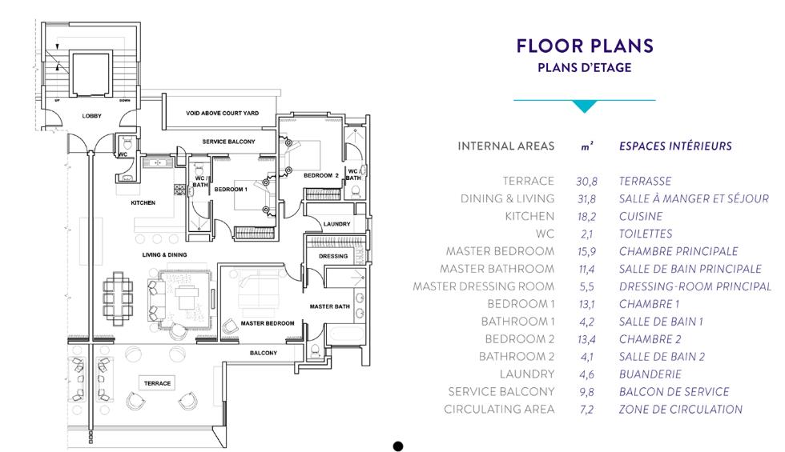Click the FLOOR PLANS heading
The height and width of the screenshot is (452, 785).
pyautogui.click(x=585, y=46)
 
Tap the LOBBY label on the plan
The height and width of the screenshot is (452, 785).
pyautogui.click(x=91, y=115)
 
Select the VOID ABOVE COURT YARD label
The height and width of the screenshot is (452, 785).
pyautogui.click(x=223, y=113)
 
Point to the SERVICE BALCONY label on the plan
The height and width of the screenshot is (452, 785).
pyautogui.click(x=228, y=142)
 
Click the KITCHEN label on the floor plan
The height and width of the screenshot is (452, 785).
pyautogui.click(x=143, y=202)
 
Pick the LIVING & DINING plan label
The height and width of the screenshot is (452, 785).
pyautogui.click(x=164, y=254)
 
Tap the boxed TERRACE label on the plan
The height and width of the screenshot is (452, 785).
pyautogui.click(x=157, y=383)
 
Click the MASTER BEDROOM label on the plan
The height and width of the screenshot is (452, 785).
pyautogui.click(x=268, y=323)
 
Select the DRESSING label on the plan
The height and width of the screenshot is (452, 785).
pyautogui.click(x=333, y=256)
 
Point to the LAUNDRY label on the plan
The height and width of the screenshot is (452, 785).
pyautogui.click(x=337, y=223)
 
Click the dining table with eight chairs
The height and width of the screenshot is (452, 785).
pyautogui.click(x=119, y=298)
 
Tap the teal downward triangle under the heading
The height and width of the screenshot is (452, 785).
pyautogui.click(x=584, y=106)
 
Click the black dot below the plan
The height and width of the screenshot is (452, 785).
pyautogui.click(x=398, y=446)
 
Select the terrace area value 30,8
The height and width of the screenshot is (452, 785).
pyautogui.click(x=586, y=182)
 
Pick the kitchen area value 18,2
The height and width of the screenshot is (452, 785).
pyautogui.click(x=586, y=217)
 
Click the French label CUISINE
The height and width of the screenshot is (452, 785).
pyautogui.click(x=641, y=217)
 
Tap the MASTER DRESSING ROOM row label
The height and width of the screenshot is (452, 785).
pyautogui.click(x=484, y=286)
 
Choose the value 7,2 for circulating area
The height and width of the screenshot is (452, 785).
pyautogui.click(x=586, y=410)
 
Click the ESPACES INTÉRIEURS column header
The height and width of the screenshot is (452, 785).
pyautogui.click(x=675, y=146)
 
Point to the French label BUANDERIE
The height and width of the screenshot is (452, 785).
pyautogui.click(x=650, y=374)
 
